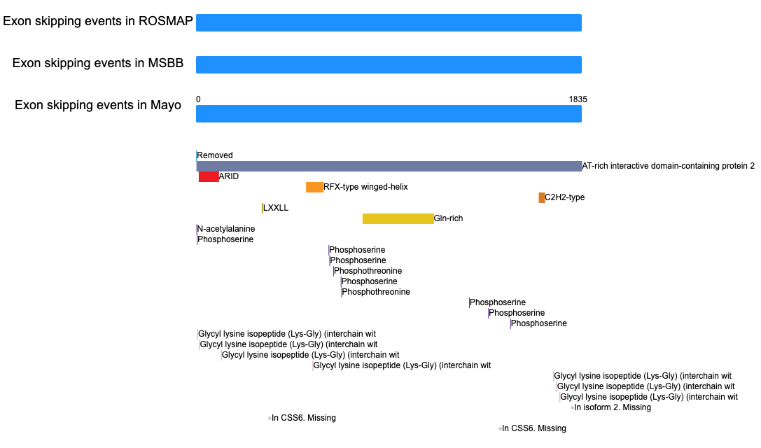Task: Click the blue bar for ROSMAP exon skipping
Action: (x=389, y=23)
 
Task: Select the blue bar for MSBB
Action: (x=389, y=64)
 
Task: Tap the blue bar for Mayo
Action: (x=389, y=113)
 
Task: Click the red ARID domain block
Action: (x=209, y=176)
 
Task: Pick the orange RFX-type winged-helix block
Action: (x=314, y=188)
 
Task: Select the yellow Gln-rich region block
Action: (x=398, y=219)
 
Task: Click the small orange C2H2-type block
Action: (x=542, y=197)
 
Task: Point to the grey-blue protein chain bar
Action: (x=389, y=166)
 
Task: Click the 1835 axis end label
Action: (x=578, y=99)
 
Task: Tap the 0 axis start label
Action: (x=198, y=99)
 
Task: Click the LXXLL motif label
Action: (x=276, y=208)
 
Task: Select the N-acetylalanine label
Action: (x=225, y=229)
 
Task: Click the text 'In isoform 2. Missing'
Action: (x=613, y=407)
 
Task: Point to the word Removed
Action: (x=214, y=155)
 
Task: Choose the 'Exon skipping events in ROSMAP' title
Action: (x=98, y=21)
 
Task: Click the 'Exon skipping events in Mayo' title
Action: (x=98, y=105)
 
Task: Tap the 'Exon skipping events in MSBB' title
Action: (x=98, y=63)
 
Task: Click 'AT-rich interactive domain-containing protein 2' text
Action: (x=669, y=166)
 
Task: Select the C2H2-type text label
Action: (x=564, y=197)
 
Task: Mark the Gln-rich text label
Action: (x=449, y=218)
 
